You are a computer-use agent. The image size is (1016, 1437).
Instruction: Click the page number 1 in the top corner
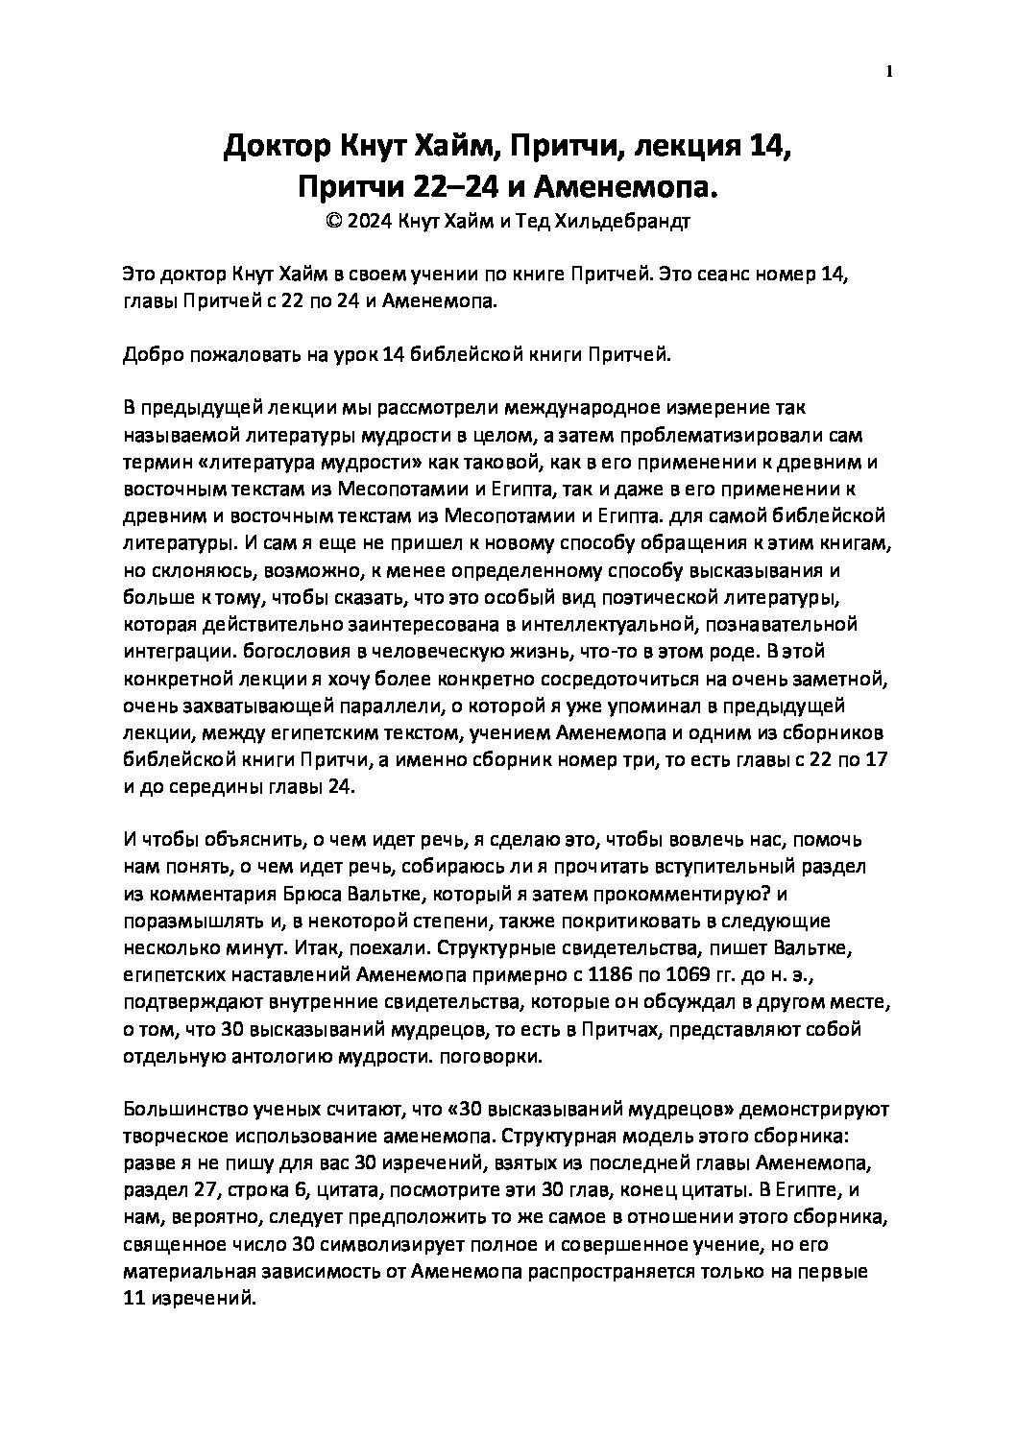(x=889, y=71)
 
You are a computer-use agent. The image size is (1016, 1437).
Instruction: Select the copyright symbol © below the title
(x=334, y=222)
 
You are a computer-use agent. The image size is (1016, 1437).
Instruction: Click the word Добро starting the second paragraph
(x=150, y=355)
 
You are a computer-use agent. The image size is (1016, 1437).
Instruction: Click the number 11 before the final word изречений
(x=134, y=1299)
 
